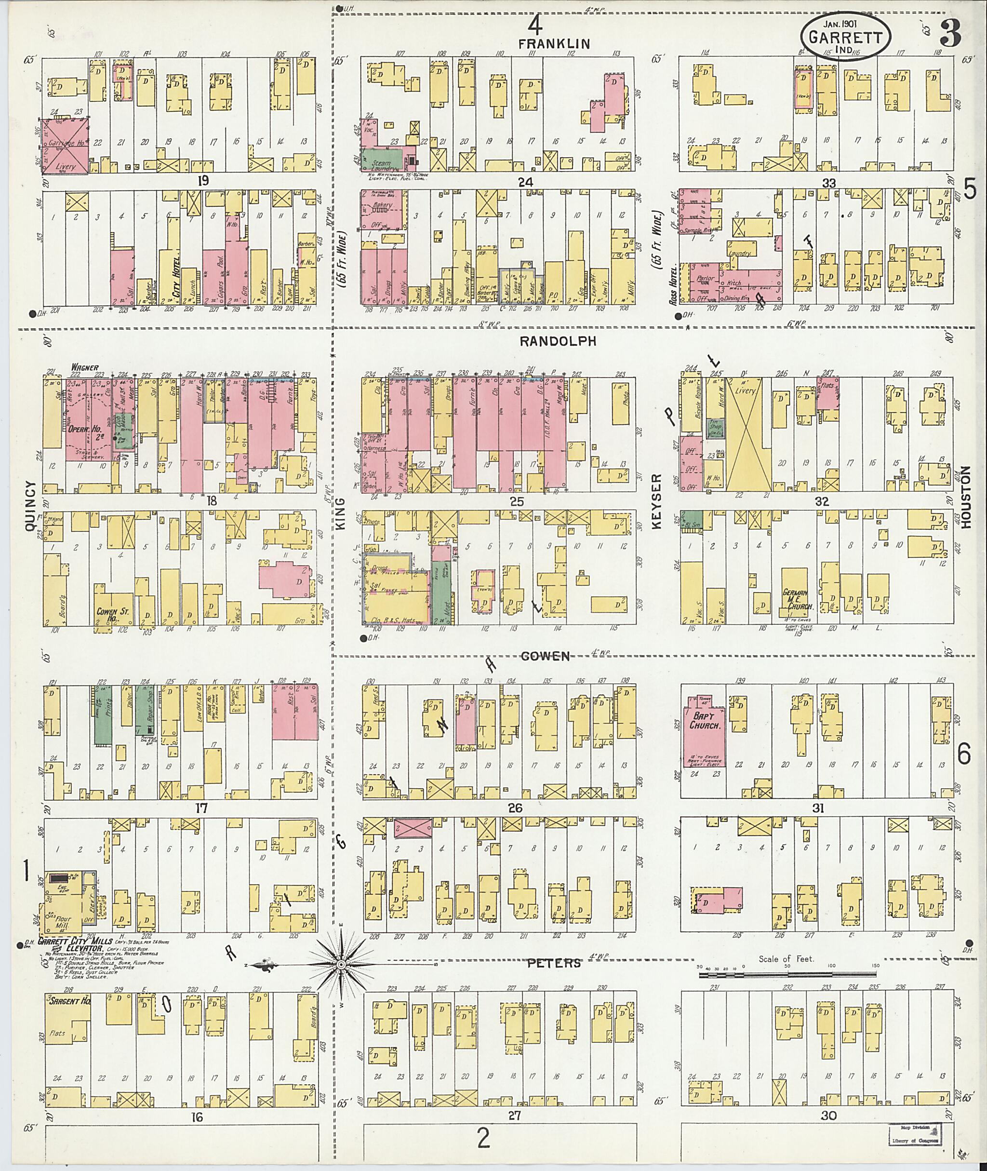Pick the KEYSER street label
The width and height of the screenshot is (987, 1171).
tap(657, 501)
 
